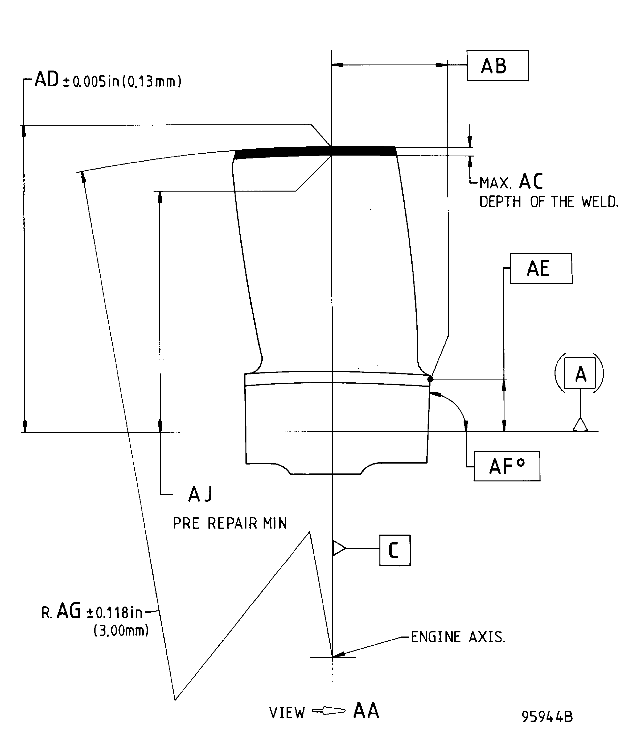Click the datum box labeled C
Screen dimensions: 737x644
395,550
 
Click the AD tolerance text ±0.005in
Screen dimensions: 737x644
90,82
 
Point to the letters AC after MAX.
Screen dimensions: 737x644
531,182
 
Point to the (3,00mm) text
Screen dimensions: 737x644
121,631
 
